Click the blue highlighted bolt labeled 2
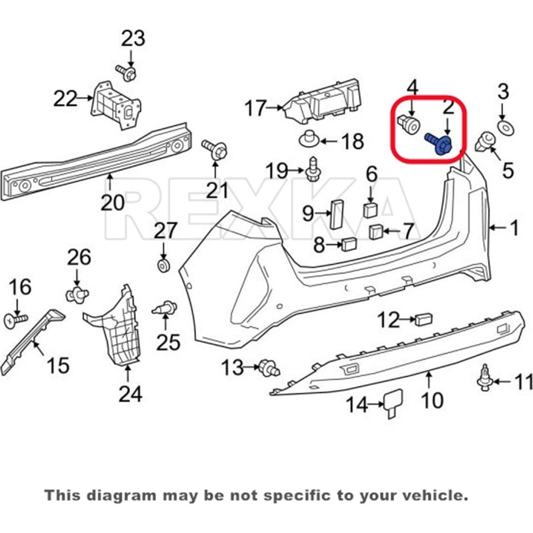tap(440, 144)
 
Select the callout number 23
tap(133, 38)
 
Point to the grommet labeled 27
tap(164, 266)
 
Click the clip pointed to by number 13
tap(269, 367)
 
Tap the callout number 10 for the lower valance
tap(432, 400)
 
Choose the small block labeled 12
tap(424, 318)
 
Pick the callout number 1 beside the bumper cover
tap(514, 228)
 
